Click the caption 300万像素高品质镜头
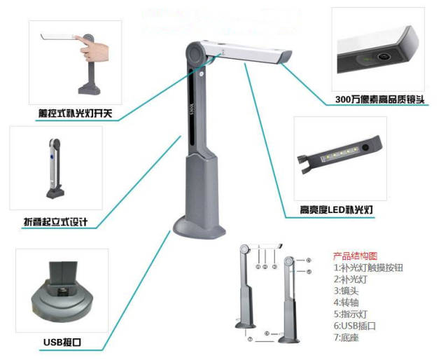[379, 99]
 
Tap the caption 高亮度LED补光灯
[336, 210]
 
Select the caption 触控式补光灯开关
[75, 113]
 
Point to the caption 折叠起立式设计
[55, 221]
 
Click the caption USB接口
[62, 342]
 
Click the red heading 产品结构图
[355, 256]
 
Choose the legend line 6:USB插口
[355, 326]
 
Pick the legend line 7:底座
[346, 338]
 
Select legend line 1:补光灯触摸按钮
[368, 268]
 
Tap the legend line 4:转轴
[346, 303]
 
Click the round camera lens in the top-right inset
[383, 56]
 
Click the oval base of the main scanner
[199, 227]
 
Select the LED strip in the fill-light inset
[341, 153]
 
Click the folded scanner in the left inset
[55, 168]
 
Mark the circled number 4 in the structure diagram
[309, 261]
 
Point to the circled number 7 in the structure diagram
[251, 340]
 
